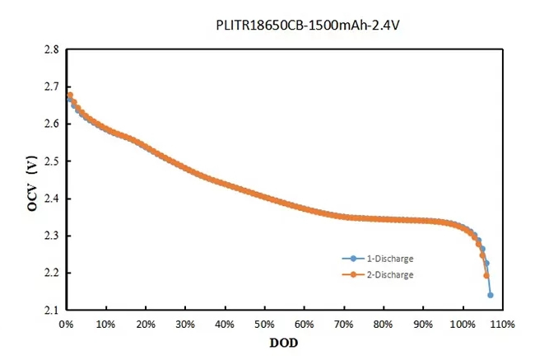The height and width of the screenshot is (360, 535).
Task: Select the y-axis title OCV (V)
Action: point(31,185)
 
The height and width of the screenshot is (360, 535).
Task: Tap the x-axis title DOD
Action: point(283,341)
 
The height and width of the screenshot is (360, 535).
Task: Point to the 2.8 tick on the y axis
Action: point(50,49)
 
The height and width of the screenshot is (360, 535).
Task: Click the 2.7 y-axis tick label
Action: point(50,86)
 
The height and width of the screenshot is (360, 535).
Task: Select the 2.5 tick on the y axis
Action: point(50,161)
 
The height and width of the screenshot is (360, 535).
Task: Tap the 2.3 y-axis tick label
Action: point(50,236)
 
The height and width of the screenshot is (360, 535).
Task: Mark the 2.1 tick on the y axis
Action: point(50,310)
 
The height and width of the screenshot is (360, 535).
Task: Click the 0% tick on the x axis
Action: point(66,324)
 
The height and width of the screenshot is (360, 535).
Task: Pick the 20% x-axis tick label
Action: point(145,324)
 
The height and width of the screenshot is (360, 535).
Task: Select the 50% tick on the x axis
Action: point(264,324)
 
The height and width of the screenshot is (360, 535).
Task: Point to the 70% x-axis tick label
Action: point(343,324)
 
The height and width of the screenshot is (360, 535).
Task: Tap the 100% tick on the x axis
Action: point(463,324)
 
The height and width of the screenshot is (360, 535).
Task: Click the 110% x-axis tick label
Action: point(502,324)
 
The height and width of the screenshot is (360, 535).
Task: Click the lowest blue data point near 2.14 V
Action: point(491,295)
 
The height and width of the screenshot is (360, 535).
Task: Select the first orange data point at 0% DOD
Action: point(69,95)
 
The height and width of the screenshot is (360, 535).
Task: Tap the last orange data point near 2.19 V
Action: point(486,275)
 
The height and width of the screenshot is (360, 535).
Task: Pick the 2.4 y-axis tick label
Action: point(50,199)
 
